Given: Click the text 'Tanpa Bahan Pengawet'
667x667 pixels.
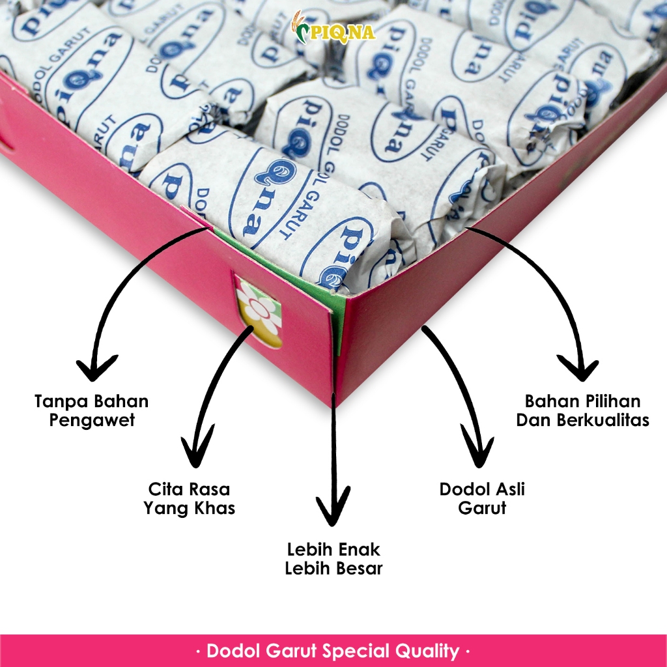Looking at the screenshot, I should click(91, 410).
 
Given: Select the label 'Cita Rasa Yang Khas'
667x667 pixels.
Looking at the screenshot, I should click(190, 498).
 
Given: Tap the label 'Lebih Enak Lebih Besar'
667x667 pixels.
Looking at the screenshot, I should click(333, 558).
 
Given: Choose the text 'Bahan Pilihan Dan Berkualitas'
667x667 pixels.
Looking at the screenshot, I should click(583, 410).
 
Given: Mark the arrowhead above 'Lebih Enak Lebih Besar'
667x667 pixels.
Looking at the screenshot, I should click(333, 511).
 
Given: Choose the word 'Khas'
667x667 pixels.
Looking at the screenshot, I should click(214, 508).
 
